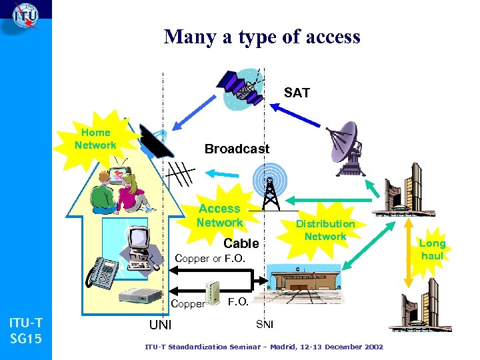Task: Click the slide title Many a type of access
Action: (262, 36)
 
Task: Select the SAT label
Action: (297, 93)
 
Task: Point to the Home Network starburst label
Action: (95, 139)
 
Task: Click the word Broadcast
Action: (237, 149)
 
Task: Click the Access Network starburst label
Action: (219, 215)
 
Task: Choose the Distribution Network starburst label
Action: (325, 230)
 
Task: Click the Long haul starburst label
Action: (432, 249)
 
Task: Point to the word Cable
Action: (241, 244)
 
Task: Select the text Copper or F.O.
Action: (210, 259)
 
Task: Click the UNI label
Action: (160, 325)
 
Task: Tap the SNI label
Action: (264, 324)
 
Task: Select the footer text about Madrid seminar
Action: (264, 347)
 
